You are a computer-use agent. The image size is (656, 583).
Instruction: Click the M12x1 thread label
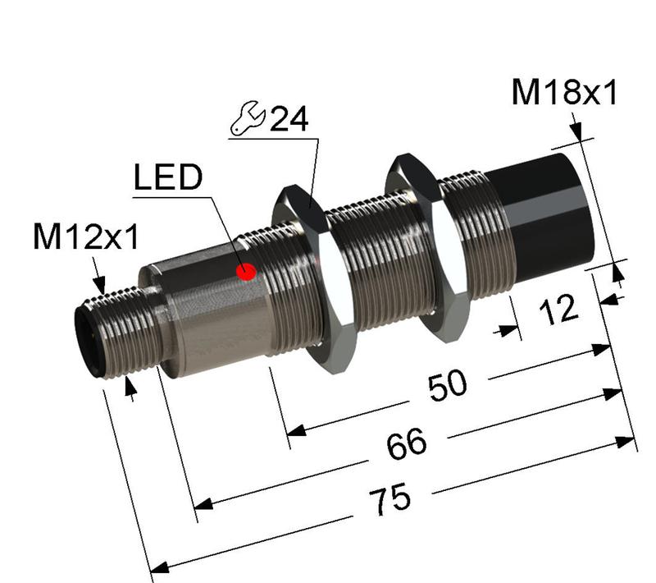point(85,237)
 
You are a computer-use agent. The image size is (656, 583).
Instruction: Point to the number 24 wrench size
point(289,120)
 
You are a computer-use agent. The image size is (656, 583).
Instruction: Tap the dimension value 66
point(405,444)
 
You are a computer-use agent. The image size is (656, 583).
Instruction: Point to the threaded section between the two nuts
point(373,263)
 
